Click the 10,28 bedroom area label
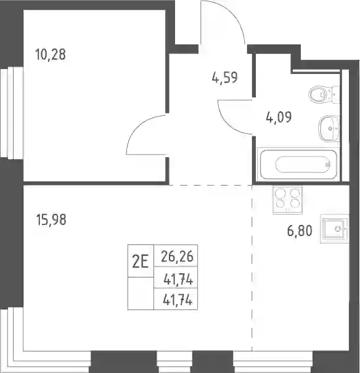50,54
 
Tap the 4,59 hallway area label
225,78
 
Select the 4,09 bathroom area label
279,117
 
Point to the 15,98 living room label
51,219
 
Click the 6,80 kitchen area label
300,231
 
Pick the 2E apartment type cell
141,261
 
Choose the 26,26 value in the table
177,256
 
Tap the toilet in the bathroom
324,94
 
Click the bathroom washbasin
329,129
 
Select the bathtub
298,164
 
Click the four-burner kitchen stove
288,199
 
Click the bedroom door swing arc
138,126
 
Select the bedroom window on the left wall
12,112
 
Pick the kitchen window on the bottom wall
272,362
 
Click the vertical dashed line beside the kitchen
252,268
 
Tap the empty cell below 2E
141,293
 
